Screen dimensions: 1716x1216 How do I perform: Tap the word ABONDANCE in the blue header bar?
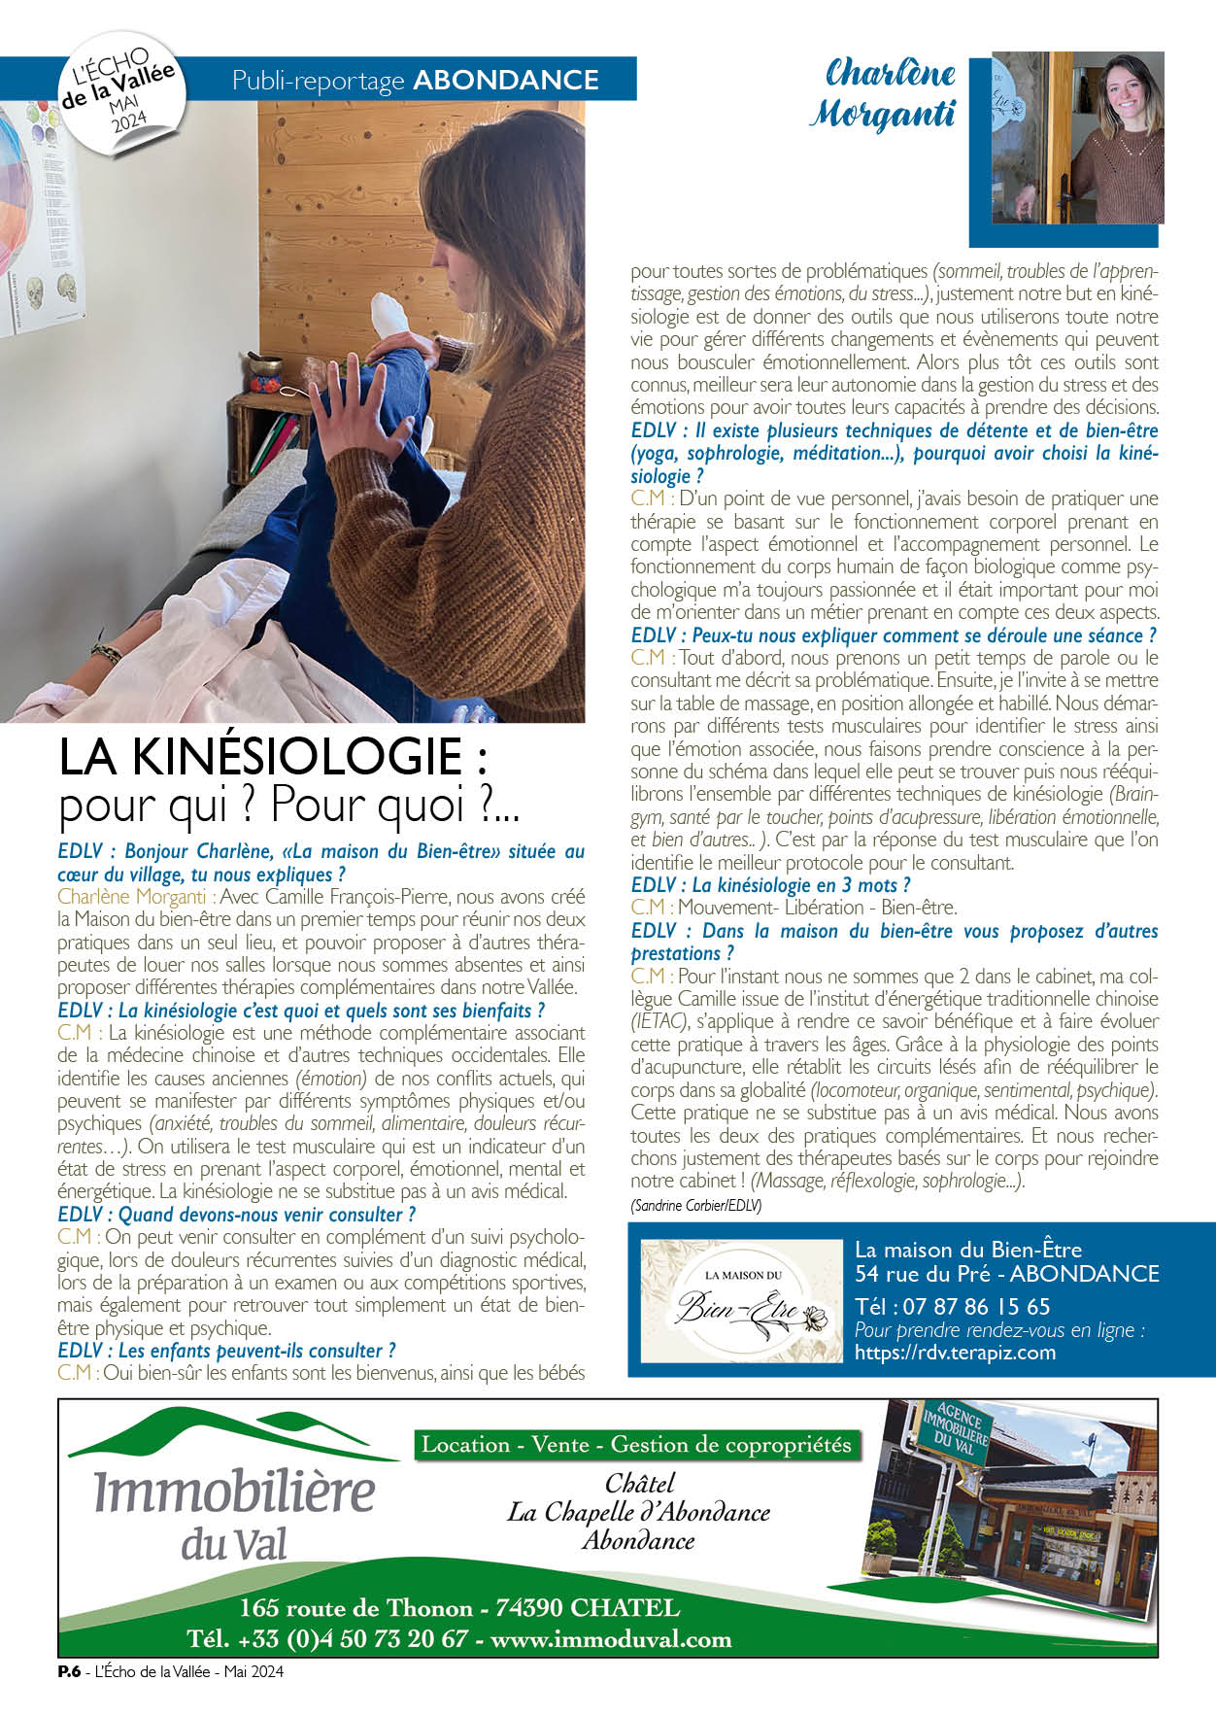coord(506,80)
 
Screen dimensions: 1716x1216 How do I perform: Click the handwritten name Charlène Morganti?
coord(882,94)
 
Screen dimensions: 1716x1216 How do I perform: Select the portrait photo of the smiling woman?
coord(1078,138)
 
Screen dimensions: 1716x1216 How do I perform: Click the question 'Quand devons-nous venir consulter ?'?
coord(237,1215)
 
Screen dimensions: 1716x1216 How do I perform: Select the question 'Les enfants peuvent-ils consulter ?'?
coord(226,1351)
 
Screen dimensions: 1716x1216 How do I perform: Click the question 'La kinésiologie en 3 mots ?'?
coord(771,885)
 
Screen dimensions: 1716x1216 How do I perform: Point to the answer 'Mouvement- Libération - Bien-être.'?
coord(817,908)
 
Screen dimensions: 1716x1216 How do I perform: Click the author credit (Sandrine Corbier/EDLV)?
coord(695,1205)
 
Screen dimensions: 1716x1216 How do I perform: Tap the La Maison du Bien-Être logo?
coord(741,1300)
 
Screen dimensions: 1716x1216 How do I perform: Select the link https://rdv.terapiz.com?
coord(955,1353)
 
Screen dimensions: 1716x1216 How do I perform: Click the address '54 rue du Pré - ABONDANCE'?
coord(1006,1274)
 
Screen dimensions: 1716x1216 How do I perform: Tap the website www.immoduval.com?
coord(611,1639)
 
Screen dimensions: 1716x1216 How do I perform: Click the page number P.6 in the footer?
coord(68,1671)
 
